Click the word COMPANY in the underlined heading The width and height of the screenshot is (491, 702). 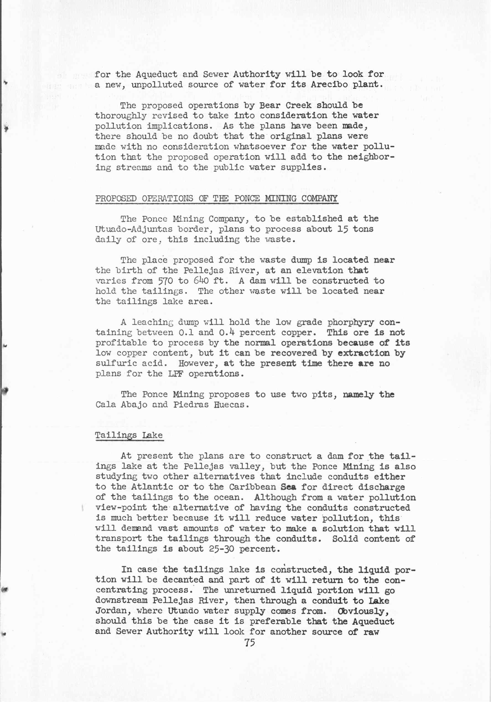click(319, 198)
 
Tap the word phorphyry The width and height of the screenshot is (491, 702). click(350, 322)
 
